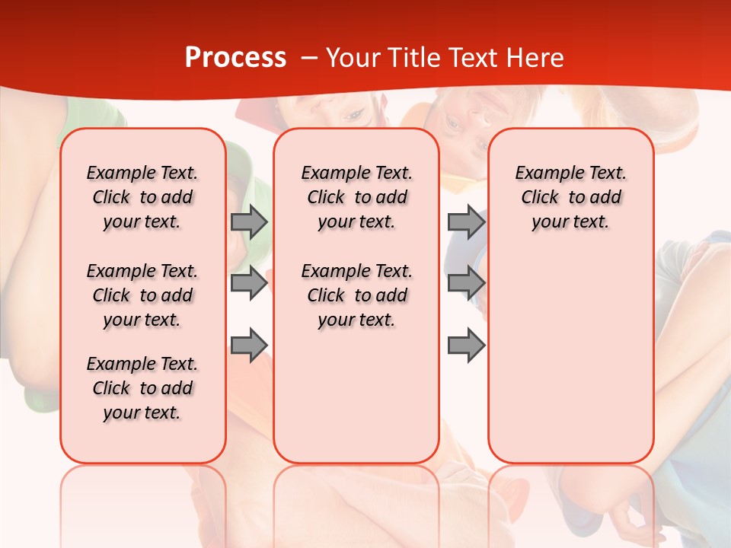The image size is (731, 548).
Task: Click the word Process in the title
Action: click(x=235, y=58)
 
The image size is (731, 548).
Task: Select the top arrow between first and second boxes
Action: click(x=249, y=221)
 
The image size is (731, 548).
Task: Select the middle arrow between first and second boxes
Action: click(x=249, y=283)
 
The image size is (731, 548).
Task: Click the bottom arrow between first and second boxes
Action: click(x=249, y=345)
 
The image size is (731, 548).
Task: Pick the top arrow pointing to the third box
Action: click(x=466, y=221)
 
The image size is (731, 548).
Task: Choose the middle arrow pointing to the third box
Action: click(x=466, y=283)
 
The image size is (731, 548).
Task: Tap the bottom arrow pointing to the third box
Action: click(x=466, y=345)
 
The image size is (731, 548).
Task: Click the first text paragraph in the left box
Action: click(x=142, y=197)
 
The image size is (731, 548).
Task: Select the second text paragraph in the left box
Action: click(x=142, y=295)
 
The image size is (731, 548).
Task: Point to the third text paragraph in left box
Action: click(x=142, y=388)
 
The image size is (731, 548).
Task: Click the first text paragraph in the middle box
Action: click(x=356, y=197)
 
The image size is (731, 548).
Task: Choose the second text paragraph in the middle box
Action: click(x=356, y=295)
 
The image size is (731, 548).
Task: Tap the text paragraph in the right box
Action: click(x=570, y=197)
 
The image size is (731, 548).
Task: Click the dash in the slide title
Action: click(x=308, y=58)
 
